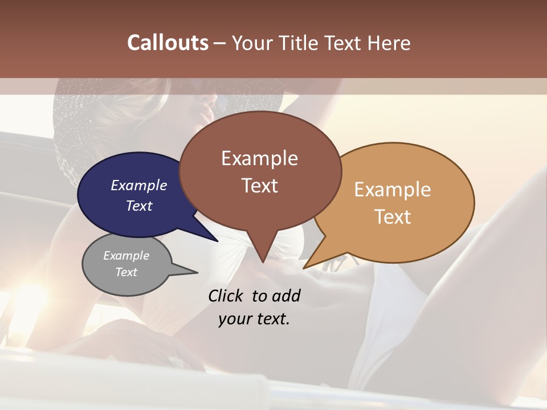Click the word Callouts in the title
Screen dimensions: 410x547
[168, 43]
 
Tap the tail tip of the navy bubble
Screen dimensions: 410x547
[217, 241]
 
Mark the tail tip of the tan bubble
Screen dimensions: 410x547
[304, 268]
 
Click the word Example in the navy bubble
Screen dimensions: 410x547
[139, 185]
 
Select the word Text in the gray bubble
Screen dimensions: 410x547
[126, 272]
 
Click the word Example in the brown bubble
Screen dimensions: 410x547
[260, 158]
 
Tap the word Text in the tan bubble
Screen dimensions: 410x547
[393, 217]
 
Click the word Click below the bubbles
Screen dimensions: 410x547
[227, 296]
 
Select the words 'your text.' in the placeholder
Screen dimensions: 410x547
[254, 319]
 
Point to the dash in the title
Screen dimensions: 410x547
[221, 43]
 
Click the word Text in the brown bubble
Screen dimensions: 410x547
[260, 186]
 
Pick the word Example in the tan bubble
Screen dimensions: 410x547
[393, 189]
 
